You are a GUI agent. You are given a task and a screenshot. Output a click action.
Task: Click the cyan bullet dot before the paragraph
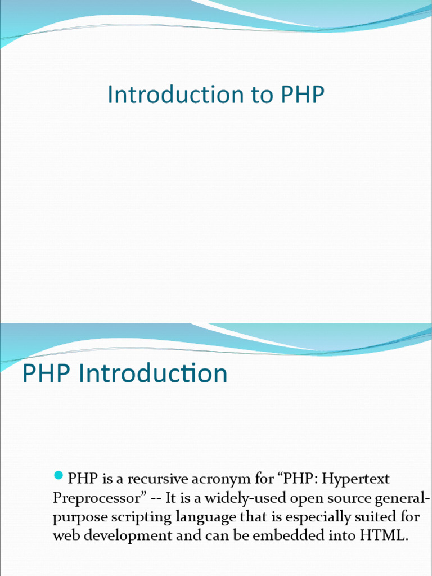(x=58, y=478)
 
